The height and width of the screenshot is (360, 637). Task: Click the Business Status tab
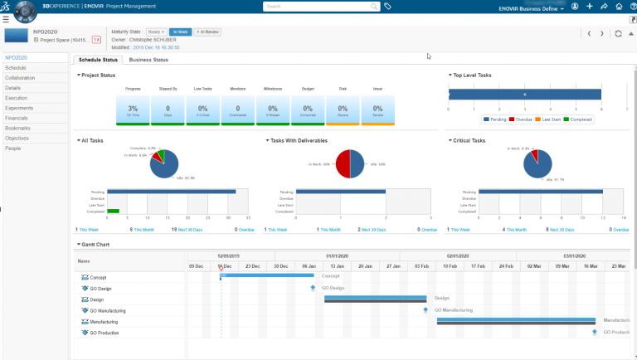148,60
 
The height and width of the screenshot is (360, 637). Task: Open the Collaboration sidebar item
20,77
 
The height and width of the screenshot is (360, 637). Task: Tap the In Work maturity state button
181,32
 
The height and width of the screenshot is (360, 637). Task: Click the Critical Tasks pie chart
539,163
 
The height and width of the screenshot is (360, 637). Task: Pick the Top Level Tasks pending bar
524,95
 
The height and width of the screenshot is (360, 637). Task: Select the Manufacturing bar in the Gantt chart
516,319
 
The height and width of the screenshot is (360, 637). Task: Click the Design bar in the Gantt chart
375,298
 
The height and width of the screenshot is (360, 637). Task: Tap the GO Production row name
105,333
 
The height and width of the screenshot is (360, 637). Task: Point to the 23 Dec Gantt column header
252,266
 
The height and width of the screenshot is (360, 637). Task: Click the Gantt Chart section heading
95,245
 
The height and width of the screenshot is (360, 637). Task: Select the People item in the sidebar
13,148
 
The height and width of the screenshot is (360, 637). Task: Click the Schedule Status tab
97,60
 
